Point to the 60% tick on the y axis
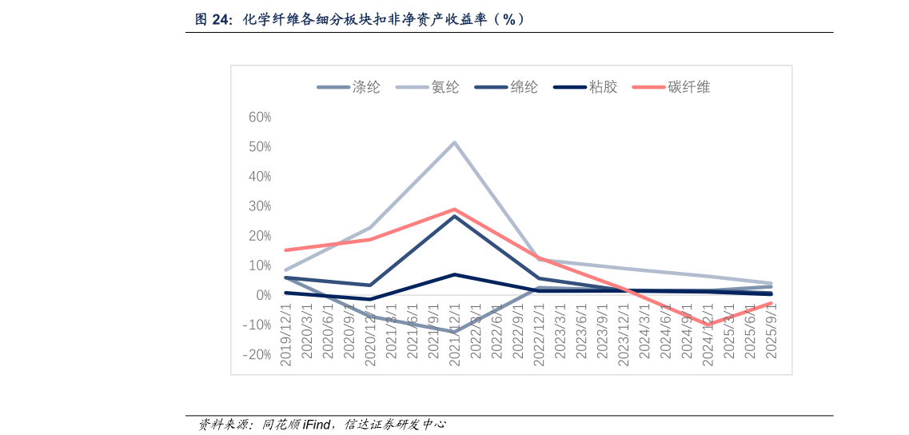pos(260,118)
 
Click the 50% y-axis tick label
pos(260,147)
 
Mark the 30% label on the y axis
pos(260,206)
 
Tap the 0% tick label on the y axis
pos(264,296)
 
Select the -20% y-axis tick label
pos(257,355)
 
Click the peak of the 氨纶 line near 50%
pos(454,143)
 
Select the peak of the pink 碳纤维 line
pos(454,210)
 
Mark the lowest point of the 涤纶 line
pos(454,331)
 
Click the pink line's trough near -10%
pos(707,325)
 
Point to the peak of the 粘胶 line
pos(454,274)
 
